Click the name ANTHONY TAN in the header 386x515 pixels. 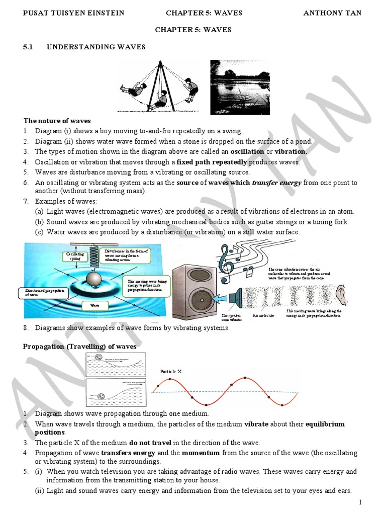point(332,13)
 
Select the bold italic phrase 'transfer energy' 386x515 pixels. point(276,183)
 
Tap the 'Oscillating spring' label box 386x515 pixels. point(74,257)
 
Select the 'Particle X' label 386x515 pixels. point(171,371)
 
